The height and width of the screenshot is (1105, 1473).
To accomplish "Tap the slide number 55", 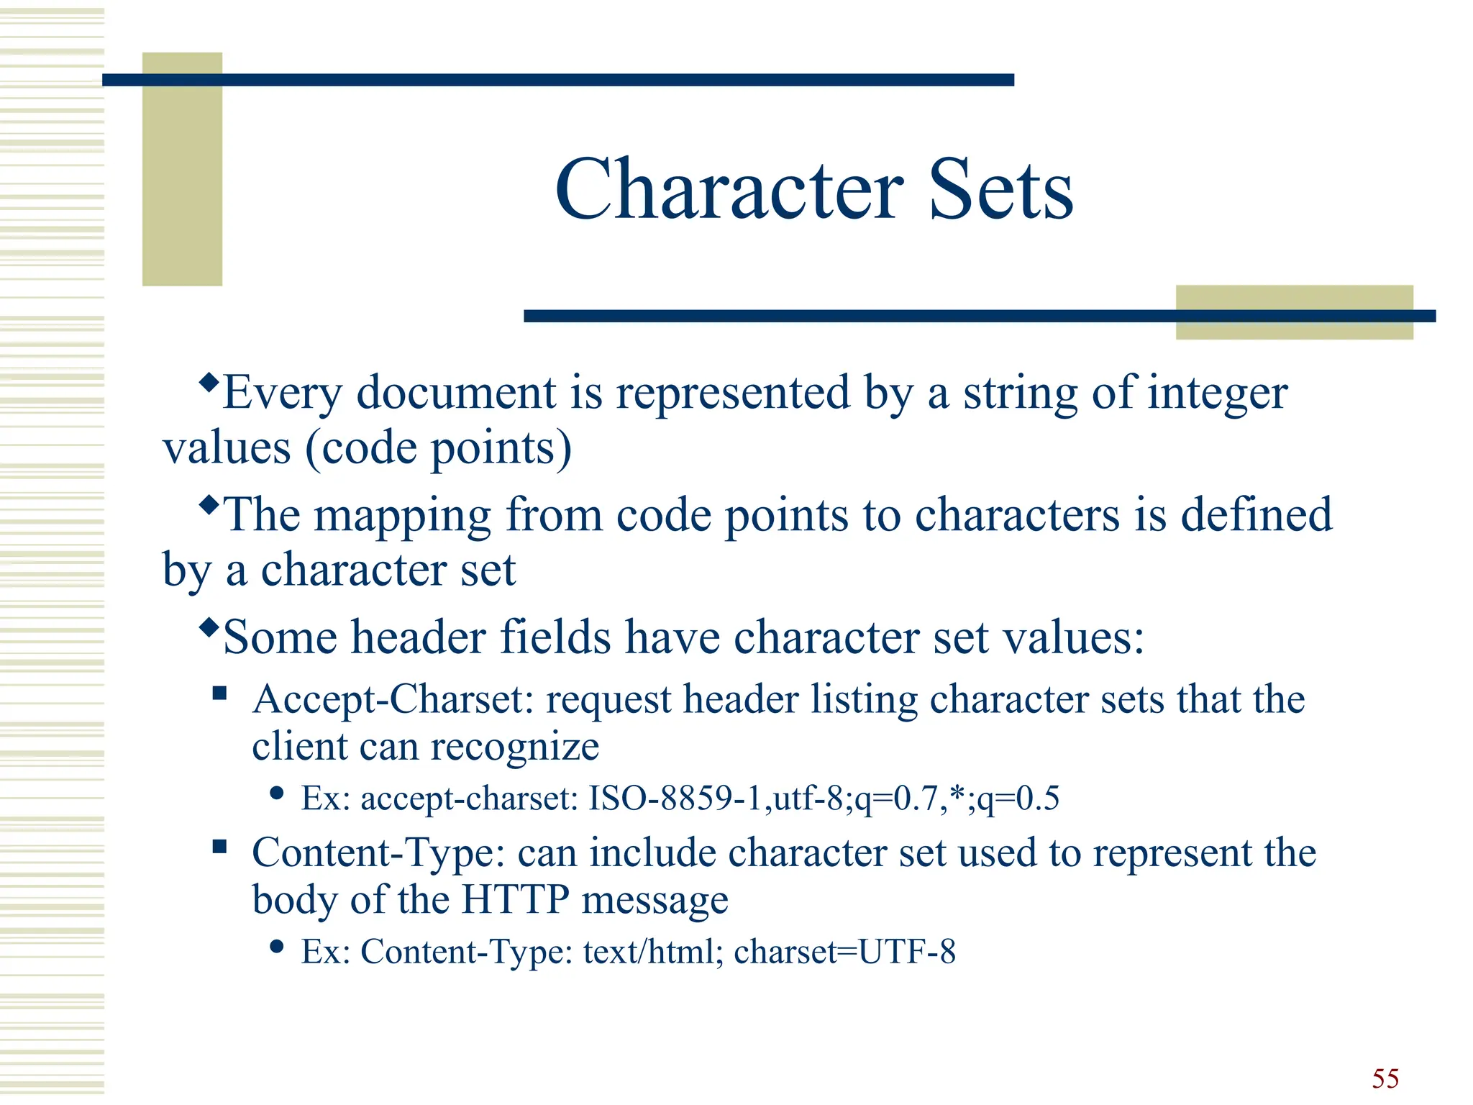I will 1385,1078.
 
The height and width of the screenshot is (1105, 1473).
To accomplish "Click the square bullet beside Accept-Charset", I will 220,694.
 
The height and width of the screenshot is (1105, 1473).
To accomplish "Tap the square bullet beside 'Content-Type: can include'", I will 220,847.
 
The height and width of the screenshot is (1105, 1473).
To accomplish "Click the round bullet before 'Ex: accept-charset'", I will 276,793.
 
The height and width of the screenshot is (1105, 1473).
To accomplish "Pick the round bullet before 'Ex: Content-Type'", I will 276,946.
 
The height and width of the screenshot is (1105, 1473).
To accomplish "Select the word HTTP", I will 515,899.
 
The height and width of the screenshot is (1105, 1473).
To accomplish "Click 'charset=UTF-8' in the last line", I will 844,952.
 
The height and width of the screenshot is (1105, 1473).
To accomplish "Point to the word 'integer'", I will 1217,394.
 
